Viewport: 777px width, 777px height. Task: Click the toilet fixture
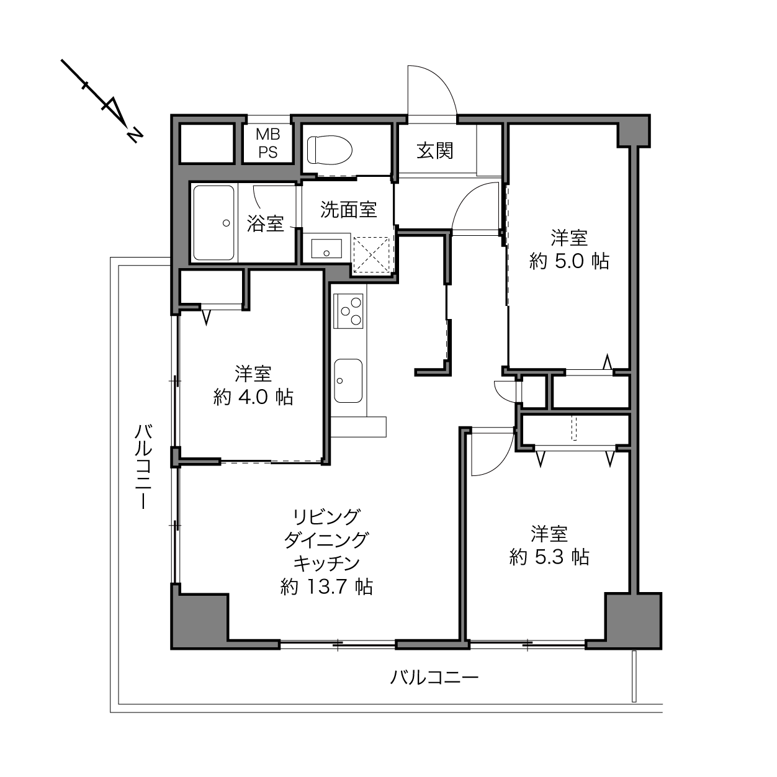click(330, 150)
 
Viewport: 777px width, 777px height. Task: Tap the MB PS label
click(267, 143)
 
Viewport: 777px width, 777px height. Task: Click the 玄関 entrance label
click(435, 150)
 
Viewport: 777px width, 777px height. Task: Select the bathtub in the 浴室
click(213, 223)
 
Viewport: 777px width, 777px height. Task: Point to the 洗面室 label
click(348, 210)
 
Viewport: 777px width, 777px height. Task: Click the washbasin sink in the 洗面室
click(326, 248)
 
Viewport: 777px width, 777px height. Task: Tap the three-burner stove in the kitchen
click(348, 311)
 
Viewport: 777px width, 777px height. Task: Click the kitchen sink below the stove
click(348, 380)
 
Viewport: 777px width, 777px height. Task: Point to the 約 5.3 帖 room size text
click(549, 558)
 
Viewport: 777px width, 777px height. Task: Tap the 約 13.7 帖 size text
click(326, 587)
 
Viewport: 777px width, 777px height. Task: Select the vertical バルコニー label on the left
click(143, 467)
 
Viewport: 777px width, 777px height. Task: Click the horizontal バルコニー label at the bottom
click(434, 677)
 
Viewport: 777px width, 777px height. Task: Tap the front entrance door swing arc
click(442, 79)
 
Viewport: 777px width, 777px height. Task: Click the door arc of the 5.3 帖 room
click(504, 464)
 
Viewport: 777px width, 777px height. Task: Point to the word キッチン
click(326, 564)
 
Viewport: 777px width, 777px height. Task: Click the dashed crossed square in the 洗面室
click(371, 255)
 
